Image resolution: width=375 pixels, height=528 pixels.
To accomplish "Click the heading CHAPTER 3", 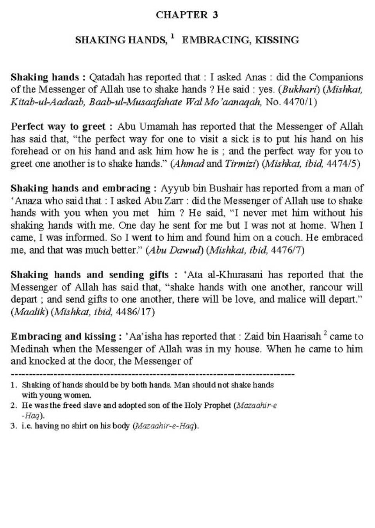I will (187, 15).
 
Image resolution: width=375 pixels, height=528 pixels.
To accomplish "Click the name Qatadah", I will (105, 77).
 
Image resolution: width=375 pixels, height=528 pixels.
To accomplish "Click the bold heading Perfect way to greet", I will (62, 127).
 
